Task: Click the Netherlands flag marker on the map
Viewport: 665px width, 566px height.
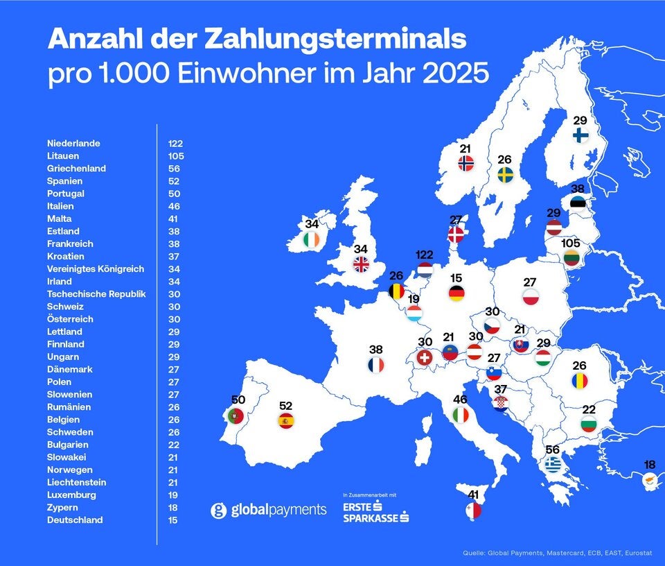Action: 425,270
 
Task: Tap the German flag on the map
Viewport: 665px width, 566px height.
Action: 456,293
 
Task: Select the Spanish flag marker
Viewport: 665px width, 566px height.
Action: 286,420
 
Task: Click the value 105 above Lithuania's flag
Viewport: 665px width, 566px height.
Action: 571,243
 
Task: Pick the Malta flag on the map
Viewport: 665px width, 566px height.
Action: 474,511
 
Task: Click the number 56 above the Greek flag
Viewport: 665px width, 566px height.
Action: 552,449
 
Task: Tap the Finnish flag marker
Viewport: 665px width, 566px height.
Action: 580,135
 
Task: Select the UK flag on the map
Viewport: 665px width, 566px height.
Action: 362,264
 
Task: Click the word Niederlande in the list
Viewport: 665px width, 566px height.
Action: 73,144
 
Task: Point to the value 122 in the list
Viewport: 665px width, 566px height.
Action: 175,144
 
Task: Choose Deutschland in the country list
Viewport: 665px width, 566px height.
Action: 75,520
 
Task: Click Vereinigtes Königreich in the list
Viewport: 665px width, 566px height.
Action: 96,269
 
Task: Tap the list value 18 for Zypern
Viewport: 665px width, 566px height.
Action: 172,508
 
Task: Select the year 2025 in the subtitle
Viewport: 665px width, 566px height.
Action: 450,74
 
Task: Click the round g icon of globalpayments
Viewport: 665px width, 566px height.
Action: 219,511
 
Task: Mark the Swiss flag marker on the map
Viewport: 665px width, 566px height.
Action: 424,357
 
